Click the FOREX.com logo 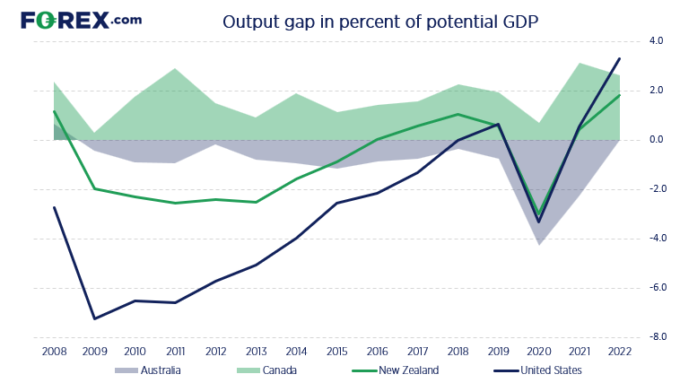(80, 20)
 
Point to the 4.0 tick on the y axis (656, 41)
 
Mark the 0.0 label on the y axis (656, 140)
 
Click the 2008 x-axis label (55, 351)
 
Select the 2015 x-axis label (336, 351)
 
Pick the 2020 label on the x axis (538, 351)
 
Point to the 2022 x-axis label (619, 351)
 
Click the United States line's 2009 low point (95, 318)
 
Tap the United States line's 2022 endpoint (619, 59)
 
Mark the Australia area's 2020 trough (538, 245)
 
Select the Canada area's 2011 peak (176, 68)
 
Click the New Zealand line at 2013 (257, 202)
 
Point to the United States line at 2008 (55, 207)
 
